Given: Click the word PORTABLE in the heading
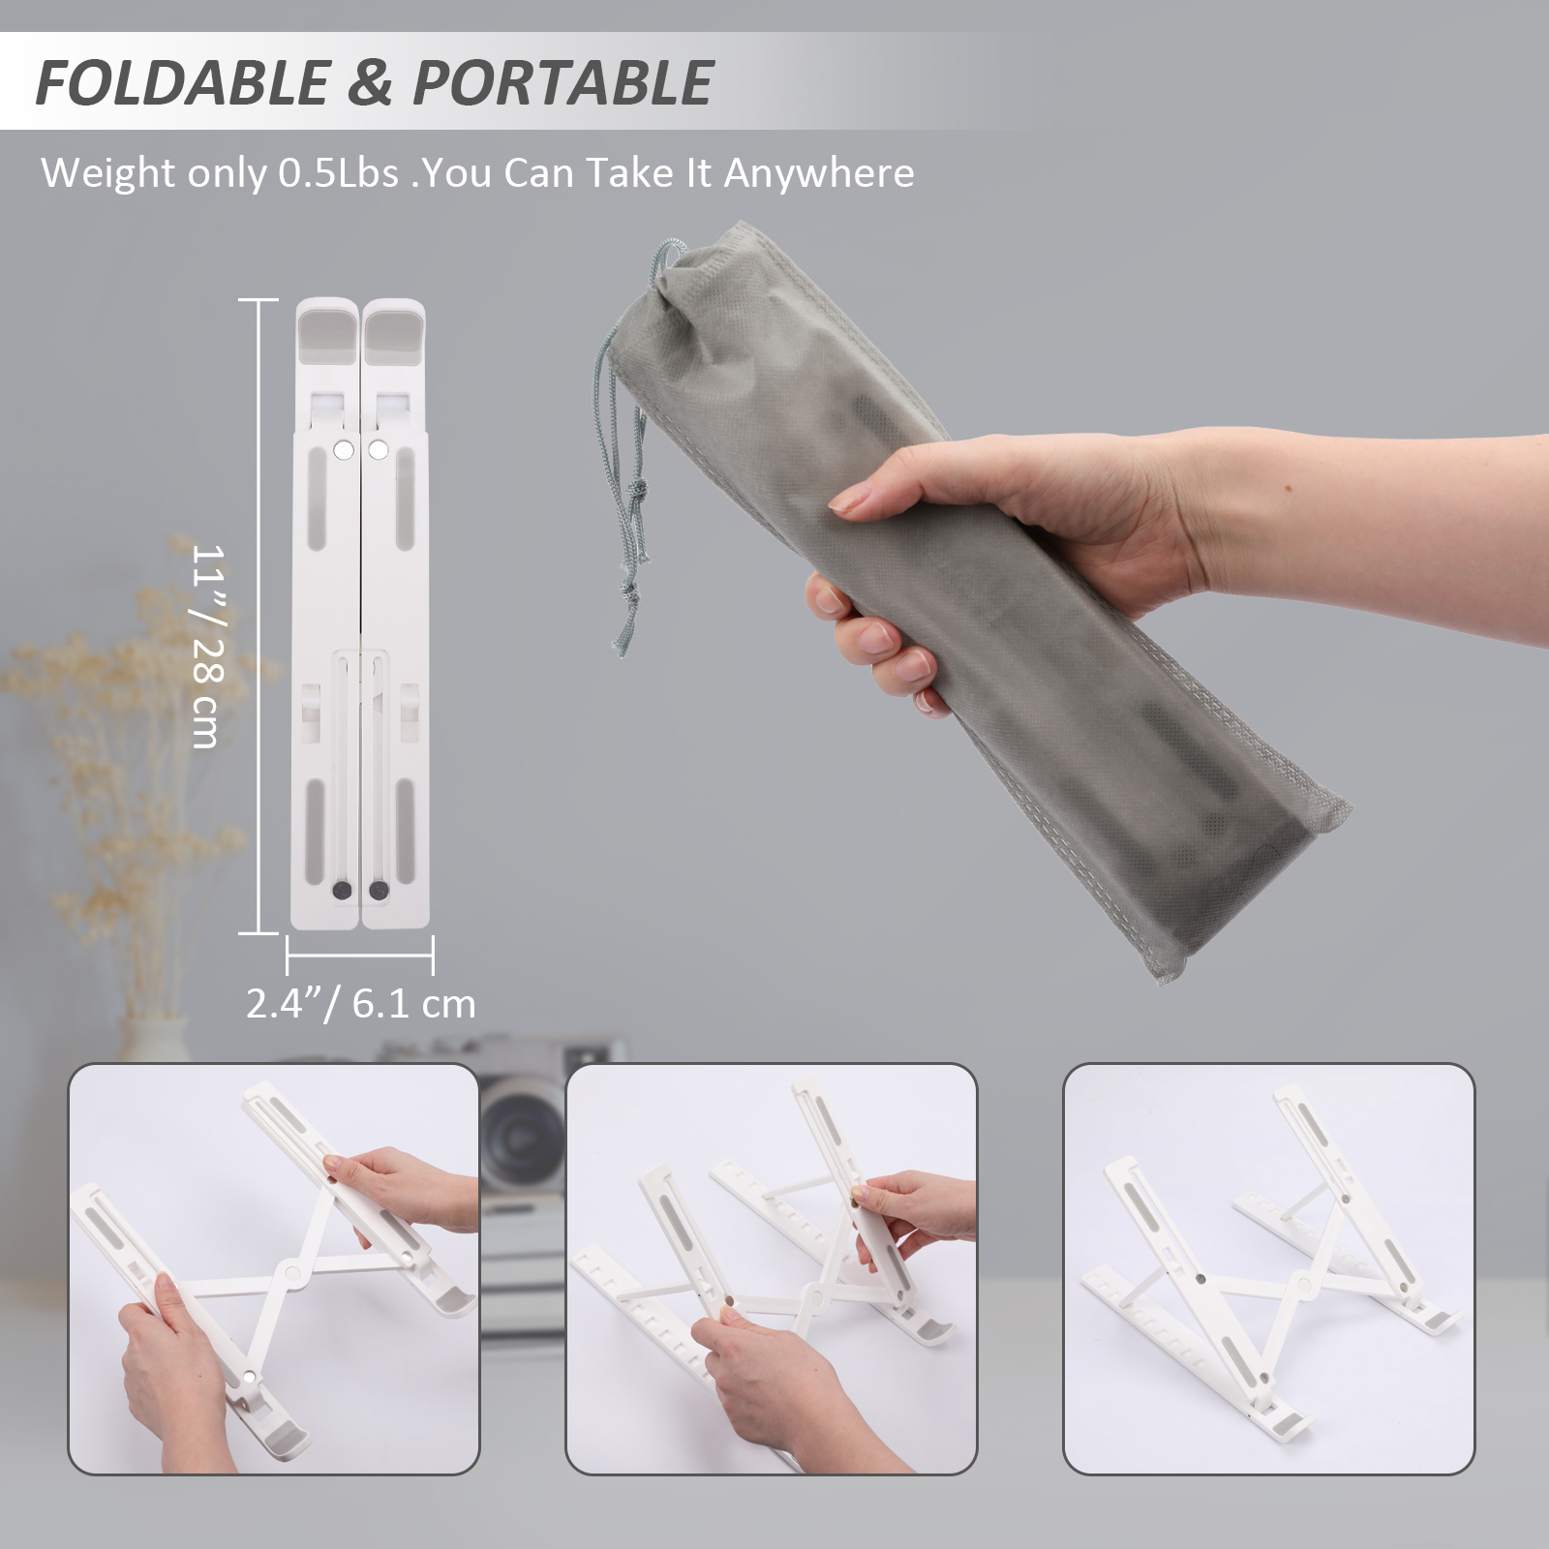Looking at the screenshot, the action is pyautogui.click(x=563, y=82).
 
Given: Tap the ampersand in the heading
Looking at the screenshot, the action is pyautogui.click(x=371, y=82).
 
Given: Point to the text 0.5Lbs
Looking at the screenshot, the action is pyautogui.click(x=339, y=173).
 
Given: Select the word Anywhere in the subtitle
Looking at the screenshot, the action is pyautogui.click(x=819, y=173).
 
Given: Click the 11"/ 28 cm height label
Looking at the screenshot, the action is pyautogui.click(x=207, y=646).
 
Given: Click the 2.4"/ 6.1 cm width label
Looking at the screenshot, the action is pyautogui.click(x=361, y=1004).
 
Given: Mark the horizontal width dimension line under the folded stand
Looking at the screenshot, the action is pyautogui.click(x=360, y=955).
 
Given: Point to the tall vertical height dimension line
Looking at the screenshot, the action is pyautogui.click(x=258, y=617).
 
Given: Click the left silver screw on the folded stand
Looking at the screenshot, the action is pyautogui.click(x=343, y=450).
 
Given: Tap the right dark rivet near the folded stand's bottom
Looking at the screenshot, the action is pyautogui.click(x=380, y=890).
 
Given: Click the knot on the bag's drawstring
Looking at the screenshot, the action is pyautogui.click(x=636, y=493).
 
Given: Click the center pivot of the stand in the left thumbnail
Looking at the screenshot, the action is pyautogui.click(x=289, y=1271).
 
